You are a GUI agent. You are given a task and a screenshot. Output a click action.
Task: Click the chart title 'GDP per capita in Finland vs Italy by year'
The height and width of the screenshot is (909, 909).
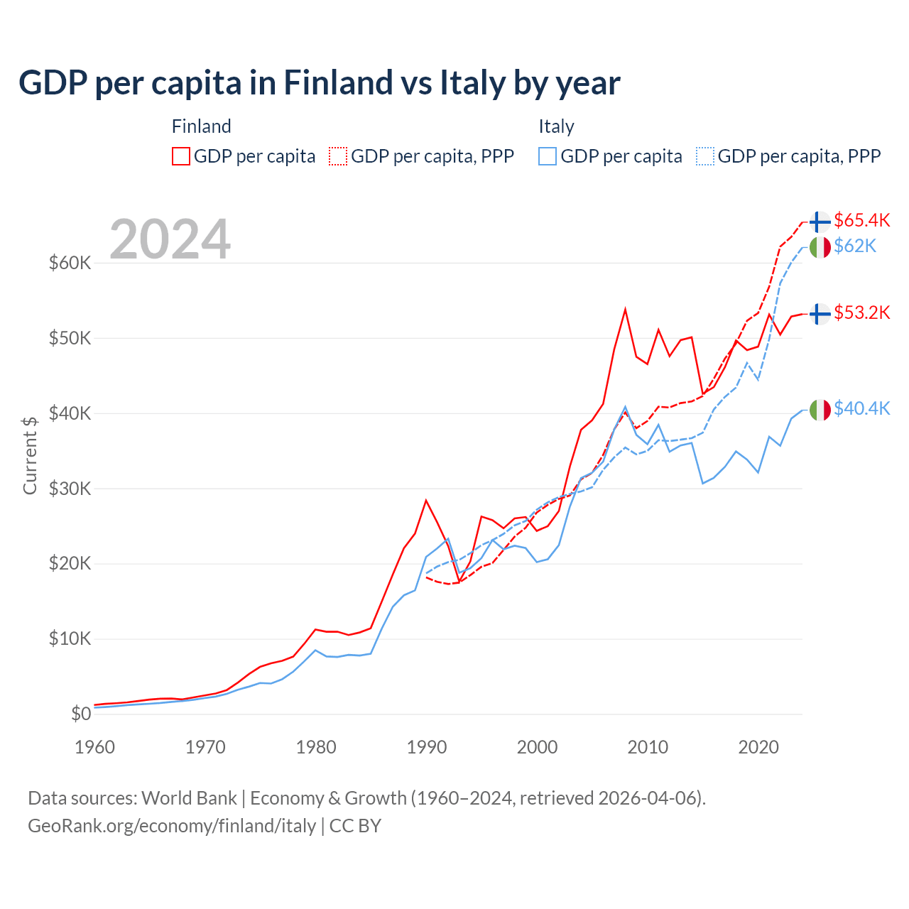pyautogui.click(x=320, y=83)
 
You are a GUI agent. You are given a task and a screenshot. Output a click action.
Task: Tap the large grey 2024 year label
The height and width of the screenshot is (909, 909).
pyautogui.click(x=170, y=239)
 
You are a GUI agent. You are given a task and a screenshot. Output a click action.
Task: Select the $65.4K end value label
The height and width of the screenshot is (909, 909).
pyautogui.click(x=861, y=220)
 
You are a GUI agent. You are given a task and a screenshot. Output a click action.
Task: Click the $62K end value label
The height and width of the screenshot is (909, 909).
pyautogui.click(x=855, y=246)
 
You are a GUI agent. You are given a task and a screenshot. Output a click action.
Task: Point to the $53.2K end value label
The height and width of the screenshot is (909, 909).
pyautogui.click(x=861, y=312)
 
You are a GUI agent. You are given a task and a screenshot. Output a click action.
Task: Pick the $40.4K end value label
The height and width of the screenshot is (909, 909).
pyautogui.click(x=861, y=408)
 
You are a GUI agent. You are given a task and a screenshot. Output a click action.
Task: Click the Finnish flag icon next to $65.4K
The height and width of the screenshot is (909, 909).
pyautogui.click(x=820, y=222)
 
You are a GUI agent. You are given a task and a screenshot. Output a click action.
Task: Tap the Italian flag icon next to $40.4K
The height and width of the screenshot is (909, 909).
pyautogui.click(x=820, y=410)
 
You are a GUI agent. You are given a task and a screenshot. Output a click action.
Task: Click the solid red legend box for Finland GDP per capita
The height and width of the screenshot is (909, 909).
pyautogui.click(x=181, y=156)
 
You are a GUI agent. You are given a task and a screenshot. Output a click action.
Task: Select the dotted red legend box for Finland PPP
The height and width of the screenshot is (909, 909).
pyautogui.click(x=338, y=156)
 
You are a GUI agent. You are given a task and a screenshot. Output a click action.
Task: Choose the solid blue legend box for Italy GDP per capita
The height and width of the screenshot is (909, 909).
pyautogui.click(x=548, y=156)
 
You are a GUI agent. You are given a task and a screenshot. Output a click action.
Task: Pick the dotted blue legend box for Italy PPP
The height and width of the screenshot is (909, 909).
pyautogui.click(x=705, y=156)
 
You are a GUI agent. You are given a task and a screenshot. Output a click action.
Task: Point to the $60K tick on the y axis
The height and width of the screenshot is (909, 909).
pyautogui.click(x=70, y=263)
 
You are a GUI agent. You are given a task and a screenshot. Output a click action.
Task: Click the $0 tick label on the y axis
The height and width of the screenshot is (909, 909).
pyautogui.click(x=81, y=714)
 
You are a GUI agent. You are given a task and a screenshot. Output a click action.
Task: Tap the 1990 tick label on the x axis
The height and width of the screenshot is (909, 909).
pyautogui.click(x=427, y=747)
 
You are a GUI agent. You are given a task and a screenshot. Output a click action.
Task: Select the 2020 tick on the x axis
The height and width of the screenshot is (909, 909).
pyautogui.click(x=758, y=747)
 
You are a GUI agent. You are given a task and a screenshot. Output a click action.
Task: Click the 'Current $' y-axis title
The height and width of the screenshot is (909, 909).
pyautogui.click(x=30, y=455)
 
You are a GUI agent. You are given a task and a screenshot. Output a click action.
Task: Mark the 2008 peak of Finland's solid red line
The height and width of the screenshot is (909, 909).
pyautogui.click(x=625, y=310)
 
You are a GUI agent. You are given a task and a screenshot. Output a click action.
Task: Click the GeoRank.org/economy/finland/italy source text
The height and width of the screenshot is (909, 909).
pyautogui.click(x=172, y=826)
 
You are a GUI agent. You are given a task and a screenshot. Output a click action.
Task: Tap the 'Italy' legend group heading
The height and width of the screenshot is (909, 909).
pyautogui.click(x=556, y=126)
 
